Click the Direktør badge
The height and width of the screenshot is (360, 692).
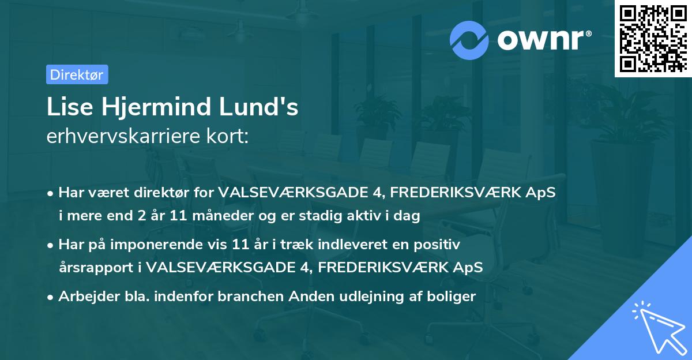pyautogui.click(x=77, y=74)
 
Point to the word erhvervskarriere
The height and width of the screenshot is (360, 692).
pyautogui.click(x=120, y=138)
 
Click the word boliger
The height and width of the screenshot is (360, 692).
pyautogui.click(x=453, y=297)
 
